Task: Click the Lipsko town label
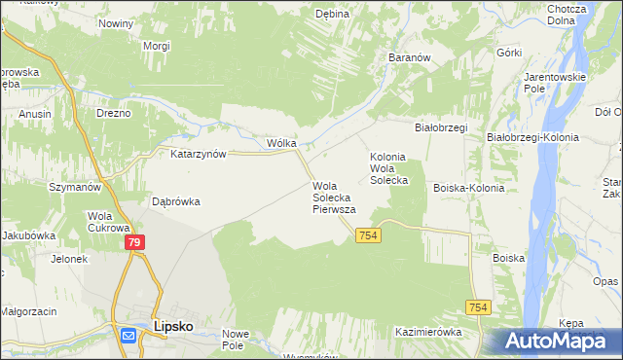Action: pyautogui.click(x=173, y=328)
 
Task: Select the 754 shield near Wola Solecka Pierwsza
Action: pyautogui.click(x=367, y=236)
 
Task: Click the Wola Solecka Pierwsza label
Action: pyautogui.click(x=334, y=198)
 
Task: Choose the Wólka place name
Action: pyautogui.click(x=281, y=143)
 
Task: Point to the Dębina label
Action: pyautogui.click(x=332, y=14)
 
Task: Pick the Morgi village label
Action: pyautogui.click(x=156, y=46)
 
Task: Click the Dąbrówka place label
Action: pyautogui.click(x=176, y=202)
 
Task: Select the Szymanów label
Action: pyautogui.click(x=77, y=186)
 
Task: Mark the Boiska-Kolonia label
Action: pyautogui.click(x=469, y=188)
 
